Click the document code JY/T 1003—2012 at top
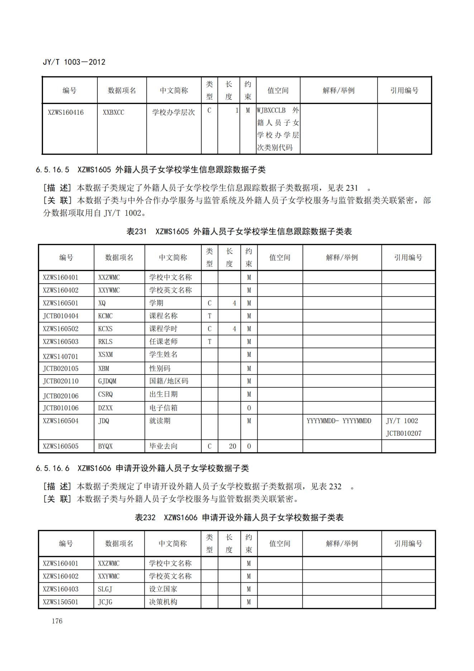point(74,62)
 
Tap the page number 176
point(57,621)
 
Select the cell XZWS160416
point(66,112)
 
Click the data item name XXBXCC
point(113,112)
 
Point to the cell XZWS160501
point(60,303)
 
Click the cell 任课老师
point(163,341)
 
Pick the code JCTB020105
point(60,368)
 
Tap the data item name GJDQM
point(107,381)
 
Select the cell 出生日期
point(163,394)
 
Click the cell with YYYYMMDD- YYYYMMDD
point(339,421)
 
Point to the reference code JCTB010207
point(403,433)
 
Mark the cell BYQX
point(105,446)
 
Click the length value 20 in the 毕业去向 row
point(233,446)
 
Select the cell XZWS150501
point(60,602)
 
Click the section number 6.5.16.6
point(53,468)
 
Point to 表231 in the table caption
point(137,231)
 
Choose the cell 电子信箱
point(163,408)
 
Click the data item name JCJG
point(105,602)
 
